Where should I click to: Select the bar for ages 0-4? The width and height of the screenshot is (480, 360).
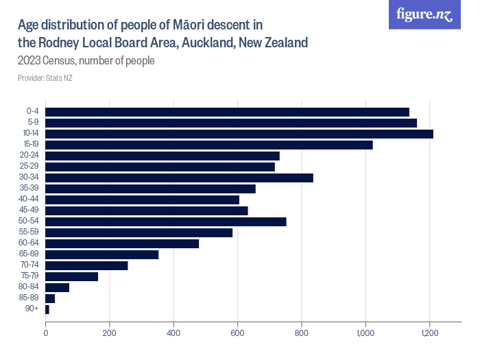tap(227, 112)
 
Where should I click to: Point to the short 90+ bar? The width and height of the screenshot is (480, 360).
tap(47, 309)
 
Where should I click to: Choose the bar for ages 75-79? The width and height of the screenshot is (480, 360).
tap(71, 276)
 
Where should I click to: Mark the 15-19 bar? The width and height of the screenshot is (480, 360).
tap(208, 145)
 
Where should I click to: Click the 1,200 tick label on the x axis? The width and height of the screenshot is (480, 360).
tap(429, 333)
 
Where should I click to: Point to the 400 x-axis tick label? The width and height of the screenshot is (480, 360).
tap(173, 333)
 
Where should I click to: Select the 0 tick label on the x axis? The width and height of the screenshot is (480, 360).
tap(45, 333)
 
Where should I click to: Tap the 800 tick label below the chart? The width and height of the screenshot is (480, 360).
tap(301, 333)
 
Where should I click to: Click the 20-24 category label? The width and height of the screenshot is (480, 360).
tap(31, 156)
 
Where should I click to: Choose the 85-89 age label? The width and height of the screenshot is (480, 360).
tap(31, 298)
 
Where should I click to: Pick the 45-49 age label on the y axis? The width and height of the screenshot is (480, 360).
tap(31, 211)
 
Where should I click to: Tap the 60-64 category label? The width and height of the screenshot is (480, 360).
tap(31, 243)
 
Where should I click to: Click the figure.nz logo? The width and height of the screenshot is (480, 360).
tap(424, 14)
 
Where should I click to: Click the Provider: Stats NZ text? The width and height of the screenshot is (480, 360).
tap(45, 78)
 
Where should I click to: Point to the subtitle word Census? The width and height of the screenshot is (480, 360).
tap(60, 60)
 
